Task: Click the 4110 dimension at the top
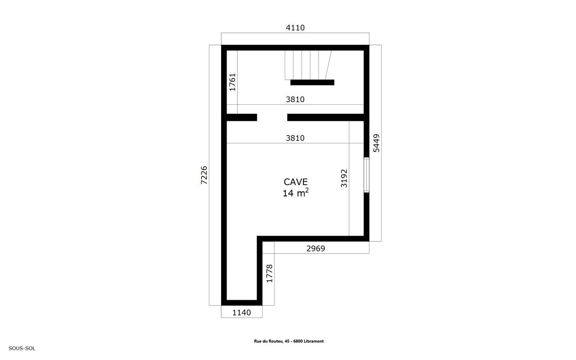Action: tap(295, 27)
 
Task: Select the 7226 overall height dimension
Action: tap(204, 175)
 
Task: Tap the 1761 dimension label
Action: tap(232, 82)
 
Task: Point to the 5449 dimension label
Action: tap(376, 143)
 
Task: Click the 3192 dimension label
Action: tap(344, 178)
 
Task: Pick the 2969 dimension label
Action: tap(316, 248)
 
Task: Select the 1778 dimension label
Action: tap(269, 274)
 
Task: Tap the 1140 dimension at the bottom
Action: tap(241, 312)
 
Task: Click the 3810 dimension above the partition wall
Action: tap(295, 99)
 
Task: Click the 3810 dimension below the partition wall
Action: tap(295, 138)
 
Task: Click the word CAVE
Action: tap(296, 182)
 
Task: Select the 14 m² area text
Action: tap(296, 193)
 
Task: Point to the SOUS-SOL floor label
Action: tap(22, 348)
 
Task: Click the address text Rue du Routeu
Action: tap(269, 341)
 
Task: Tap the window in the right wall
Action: tap(366, 175)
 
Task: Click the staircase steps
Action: tap(308, 65)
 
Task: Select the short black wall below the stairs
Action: tap(313, 82)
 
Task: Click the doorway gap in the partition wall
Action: tap(272, 117)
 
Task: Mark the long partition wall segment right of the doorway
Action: tap(326, 117)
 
